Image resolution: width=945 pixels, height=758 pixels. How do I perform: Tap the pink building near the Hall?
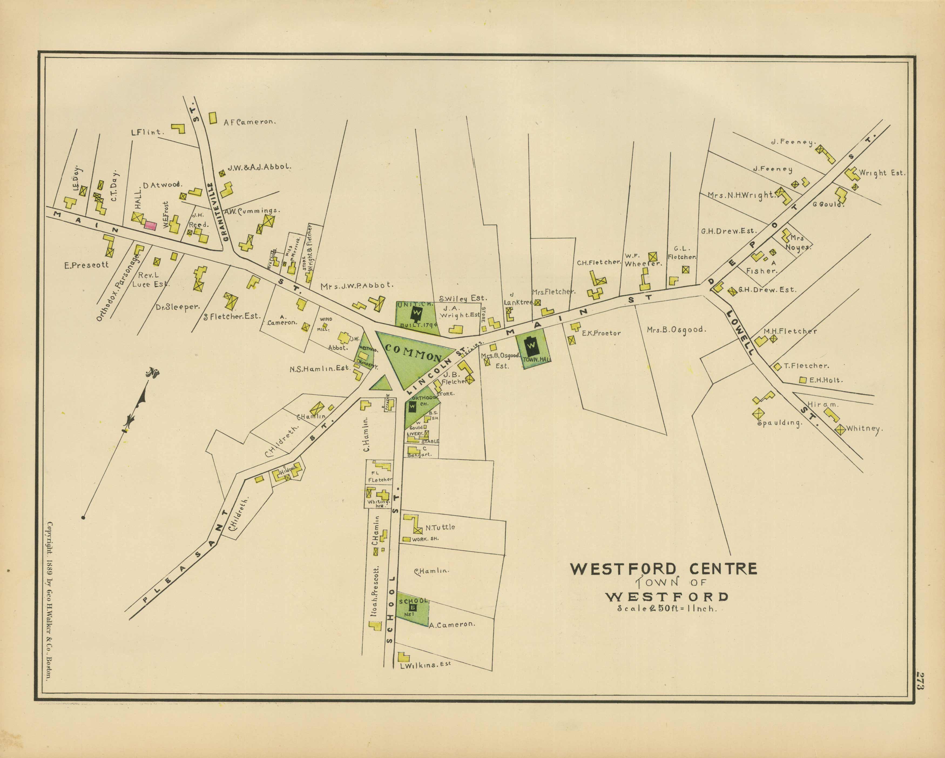150,225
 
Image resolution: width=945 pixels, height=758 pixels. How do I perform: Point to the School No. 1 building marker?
413,607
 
